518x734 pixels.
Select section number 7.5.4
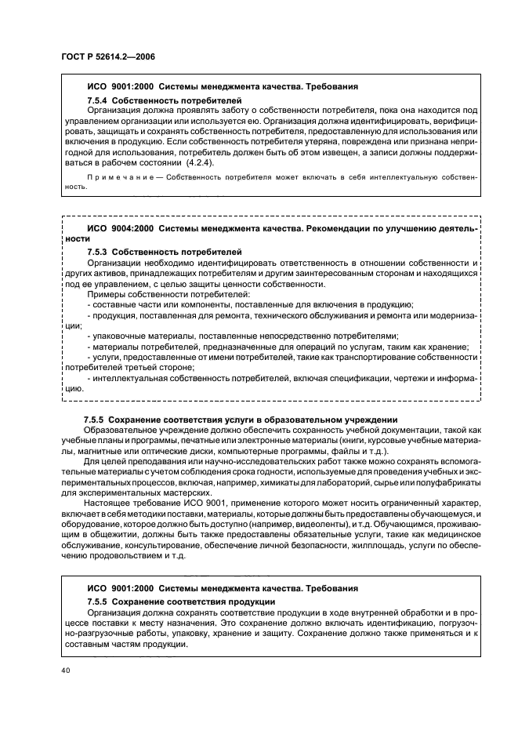pyautogui.click(x=98, y=101)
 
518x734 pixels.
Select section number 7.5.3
pyautogui.click(x=98, y=249)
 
